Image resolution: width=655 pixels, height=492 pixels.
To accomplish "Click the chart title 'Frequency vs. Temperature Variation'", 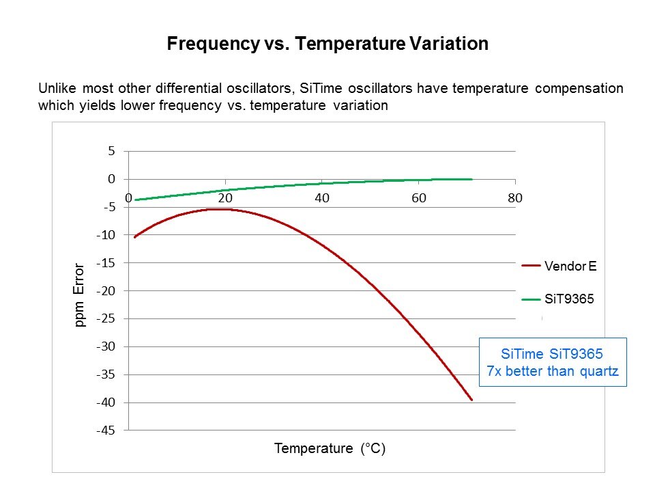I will (x=327, y=44).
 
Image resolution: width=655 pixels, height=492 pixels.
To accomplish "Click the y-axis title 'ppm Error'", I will (x=80, y=295).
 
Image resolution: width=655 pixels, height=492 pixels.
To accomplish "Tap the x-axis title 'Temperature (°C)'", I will (x=330, y=449).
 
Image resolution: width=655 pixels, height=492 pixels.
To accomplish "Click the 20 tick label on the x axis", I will (x=225, y=198).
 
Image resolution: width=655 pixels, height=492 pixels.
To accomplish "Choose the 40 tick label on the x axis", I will (x=322, y=198).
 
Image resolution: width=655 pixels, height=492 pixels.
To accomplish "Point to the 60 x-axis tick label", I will (x=419, y=198).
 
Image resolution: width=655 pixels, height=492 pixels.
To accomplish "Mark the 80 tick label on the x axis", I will (x=515, y=198).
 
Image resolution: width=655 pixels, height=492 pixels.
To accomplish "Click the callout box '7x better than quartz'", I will (x=553, y=363).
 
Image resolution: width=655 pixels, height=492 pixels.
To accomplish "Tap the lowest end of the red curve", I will (x=471, y=400).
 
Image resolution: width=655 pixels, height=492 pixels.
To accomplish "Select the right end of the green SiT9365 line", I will (x=471, y=179).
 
